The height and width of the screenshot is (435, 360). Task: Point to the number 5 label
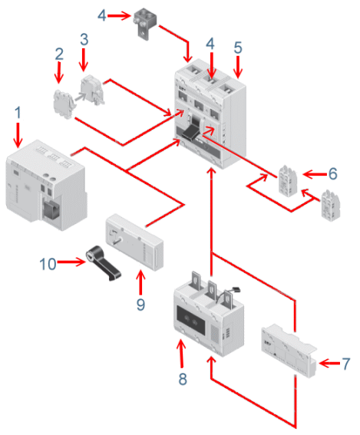(x=238, y=48)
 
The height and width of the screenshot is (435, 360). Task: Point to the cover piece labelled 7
(x=290, y=350)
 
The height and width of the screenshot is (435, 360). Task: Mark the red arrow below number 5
(x=238, y=69)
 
